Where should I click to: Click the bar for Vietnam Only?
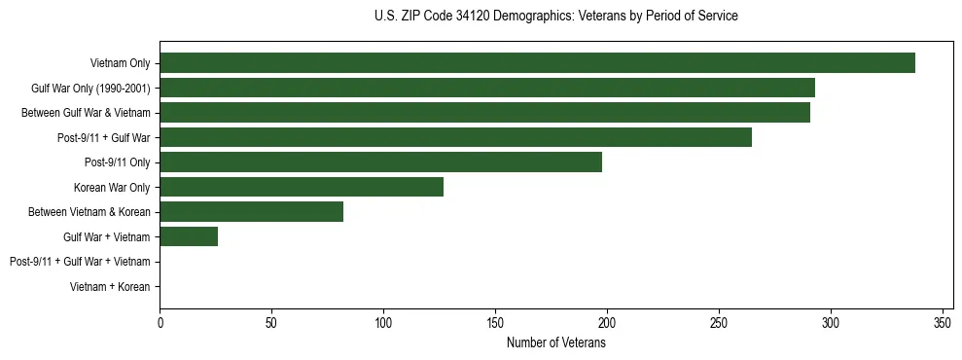click(537, 63)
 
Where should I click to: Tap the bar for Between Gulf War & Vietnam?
click(484, 113)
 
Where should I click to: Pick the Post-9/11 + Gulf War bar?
click(455, 137)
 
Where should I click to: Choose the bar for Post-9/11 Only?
click(380, 162)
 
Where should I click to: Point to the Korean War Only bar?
click(302, 187)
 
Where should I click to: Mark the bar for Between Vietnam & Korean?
click(251, 211)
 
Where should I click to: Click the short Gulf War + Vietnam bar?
click(189, 236)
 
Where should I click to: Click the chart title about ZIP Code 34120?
click(555, 17)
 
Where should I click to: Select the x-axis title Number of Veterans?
click(555, 343)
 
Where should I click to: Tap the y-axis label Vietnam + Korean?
click(110, 286)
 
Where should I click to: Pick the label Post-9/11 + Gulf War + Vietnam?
click(80, 262)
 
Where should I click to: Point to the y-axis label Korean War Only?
click(112, 187)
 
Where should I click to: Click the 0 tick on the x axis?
click(160, 323)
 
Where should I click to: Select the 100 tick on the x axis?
click(383, 323)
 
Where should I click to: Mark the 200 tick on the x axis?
click(607, 323)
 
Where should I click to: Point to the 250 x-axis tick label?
click(719, 323)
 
